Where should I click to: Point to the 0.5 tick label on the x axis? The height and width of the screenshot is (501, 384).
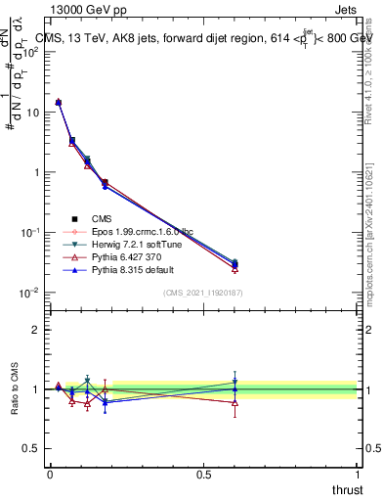pos(203,473)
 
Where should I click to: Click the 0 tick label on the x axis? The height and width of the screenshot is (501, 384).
pos(50,473)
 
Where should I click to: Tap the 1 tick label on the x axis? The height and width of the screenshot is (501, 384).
pos(357,473)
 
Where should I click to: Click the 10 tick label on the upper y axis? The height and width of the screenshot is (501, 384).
pos(32,112)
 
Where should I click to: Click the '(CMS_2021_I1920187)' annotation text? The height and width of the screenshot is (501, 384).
pos(203,293)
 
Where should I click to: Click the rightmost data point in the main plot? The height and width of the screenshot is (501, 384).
pos(235,264)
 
